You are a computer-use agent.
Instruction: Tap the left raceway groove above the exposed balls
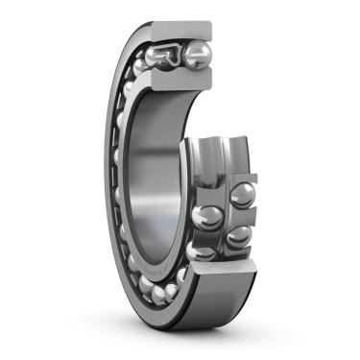pyautogui.click(x=204, y=158)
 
